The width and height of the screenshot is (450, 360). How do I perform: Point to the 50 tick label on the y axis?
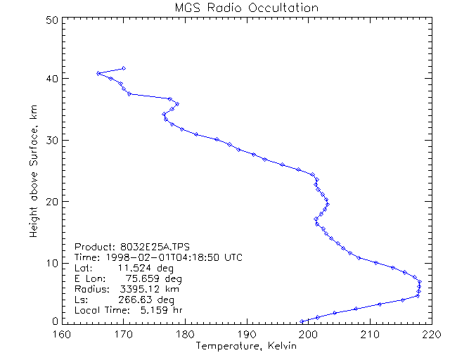coord(51,20)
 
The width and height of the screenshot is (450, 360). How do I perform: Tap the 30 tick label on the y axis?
coord(51,140)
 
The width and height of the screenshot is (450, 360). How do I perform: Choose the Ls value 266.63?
coord(135,300)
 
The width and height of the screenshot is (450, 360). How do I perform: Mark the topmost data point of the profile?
coord(124,68)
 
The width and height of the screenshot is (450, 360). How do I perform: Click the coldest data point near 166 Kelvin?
coord(98,73)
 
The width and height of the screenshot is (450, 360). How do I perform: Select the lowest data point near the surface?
coord(302,321)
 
